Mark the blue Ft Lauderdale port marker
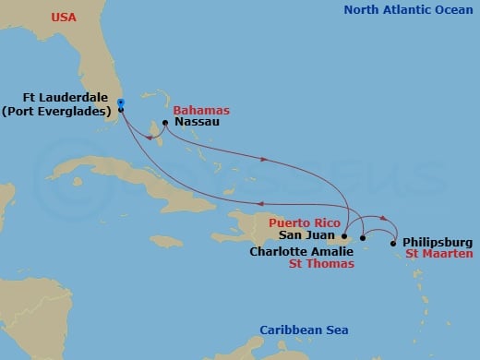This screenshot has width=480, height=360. coord(121,103)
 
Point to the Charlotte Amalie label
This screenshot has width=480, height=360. coord(300,250)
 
